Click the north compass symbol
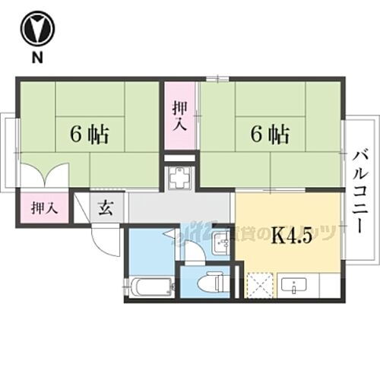tap(36, 28)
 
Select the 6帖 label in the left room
tap(90, 135)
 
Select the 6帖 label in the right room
tap(270, 135)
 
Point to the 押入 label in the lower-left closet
tap(43, 207)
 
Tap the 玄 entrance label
tap(107, 207)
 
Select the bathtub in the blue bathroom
tap(149, 287)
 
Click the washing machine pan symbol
tap(181, 179)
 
